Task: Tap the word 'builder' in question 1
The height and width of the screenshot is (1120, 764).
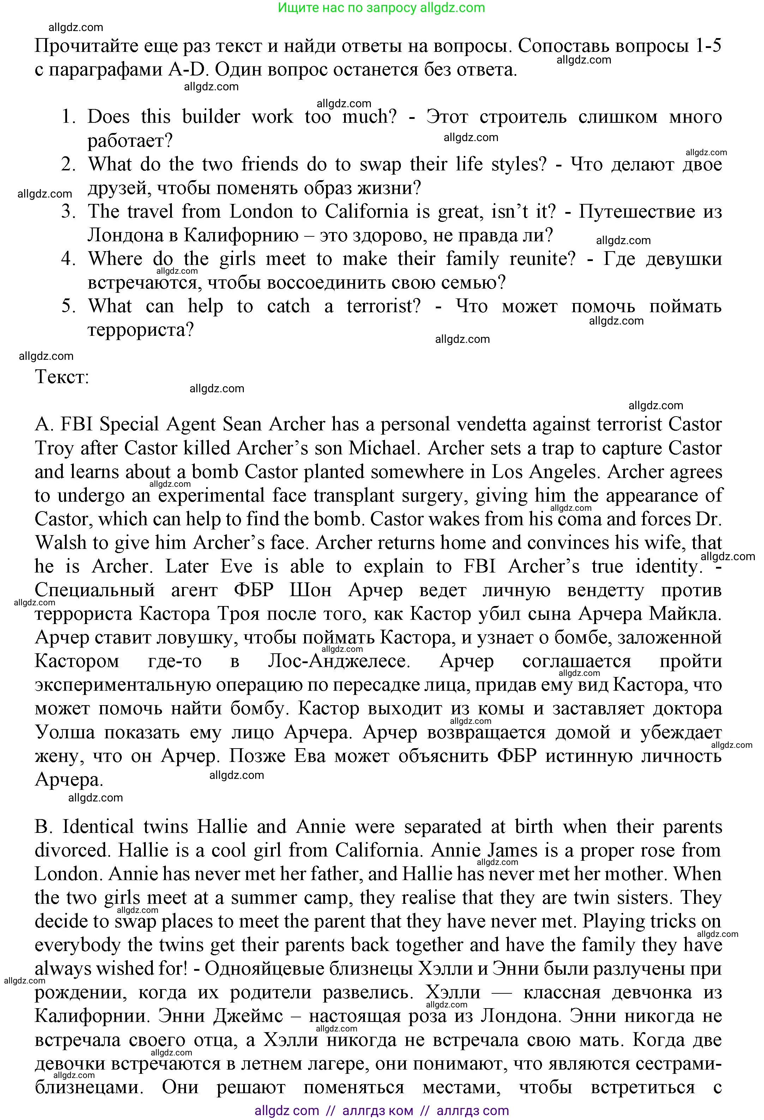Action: [x=211, y=117]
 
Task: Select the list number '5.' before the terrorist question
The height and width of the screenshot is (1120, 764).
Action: [x=68, y=306]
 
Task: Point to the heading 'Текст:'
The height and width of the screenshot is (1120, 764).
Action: [x=62, y=376]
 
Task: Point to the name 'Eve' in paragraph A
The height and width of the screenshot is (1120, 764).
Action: [x=236, y=566]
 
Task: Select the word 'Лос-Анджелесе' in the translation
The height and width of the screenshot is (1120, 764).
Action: [x=338, y=661]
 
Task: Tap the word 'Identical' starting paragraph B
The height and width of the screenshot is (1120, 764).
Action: [x=98, y=827]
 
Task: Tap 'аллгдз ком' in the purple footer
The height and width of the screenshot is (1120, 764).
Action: [x=378, y=1111]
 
